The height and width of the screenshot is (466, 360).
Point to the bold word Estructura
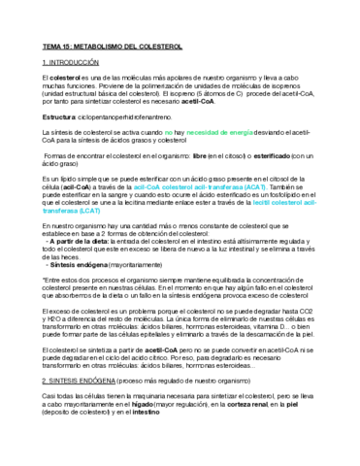point(59,116)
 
